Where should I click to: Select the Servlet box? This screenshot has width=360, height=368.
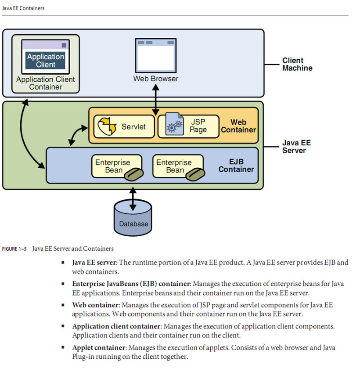(124, 126)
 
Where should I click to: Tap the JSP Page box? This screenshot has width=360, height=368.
(188, 126)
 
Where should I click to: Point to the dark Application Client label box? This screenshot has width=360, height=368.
(45, 61)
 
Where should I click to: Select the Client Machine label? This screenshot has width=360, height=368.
(297, 64)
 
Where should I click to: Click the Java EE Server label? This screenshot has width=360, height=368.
(296, 146)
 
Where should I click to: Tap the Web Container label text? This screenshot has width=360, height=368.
(238, 126)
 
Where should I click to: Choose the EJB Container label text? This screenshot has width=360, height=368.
(236, 166)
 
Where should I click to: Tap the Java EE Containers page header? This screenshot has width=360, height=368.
(23, 8)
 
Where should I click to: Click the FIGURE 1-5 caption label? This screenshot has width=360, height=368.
(14, 249)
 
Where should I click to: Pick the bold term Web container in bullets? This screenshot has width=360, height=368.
(95, 305)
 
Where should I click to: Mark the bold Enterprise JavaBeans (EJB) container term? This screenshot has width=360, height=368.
(130, 284)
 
